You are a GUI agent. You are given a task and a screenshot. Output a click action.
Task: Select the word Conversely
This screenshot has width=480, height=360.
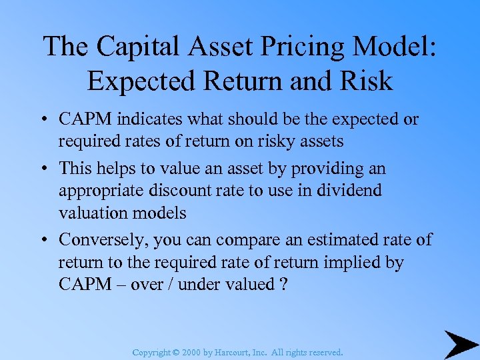106,239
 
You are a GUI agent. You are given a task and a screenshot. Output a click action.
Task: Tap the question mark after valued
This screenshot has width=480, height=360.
283,284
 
